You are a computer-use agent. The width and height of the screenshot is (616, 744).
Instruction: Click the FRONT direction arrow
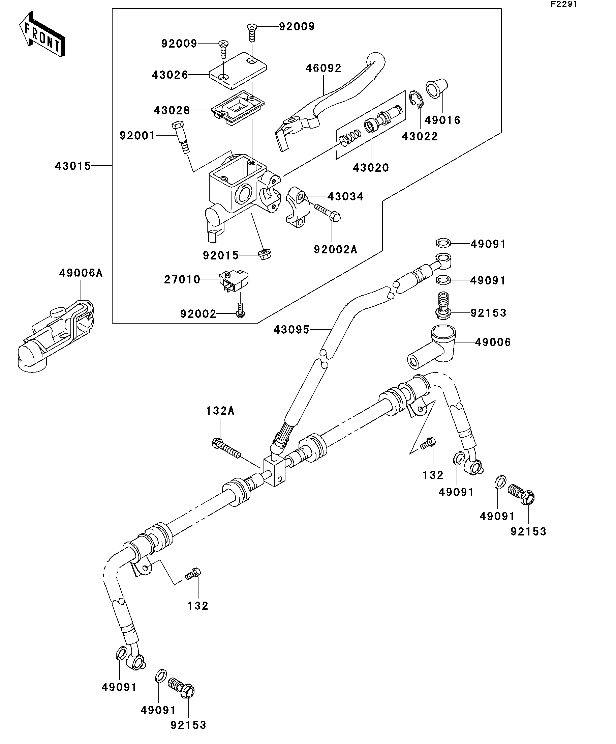[x=42, y=34]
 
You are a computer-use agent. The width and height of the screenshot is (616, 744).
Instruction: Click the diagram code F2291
[x=564, y=4]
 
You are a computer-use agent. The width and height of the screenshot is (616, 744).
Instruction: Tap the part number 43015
[x=73, y=166]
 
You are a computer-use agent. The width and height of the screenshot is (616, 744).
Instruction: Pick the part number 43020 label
[x=371, y=168]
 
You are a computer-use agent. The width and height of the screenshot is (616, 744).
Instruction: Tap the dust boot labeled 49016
[x=436, y=88]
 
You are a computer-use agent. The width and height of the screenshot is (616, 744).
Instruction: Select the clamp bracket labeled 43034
[x=298, y=207]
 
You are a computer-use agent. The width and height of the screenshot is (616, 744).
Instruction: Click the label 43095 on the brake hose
[x=291, y=330]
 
